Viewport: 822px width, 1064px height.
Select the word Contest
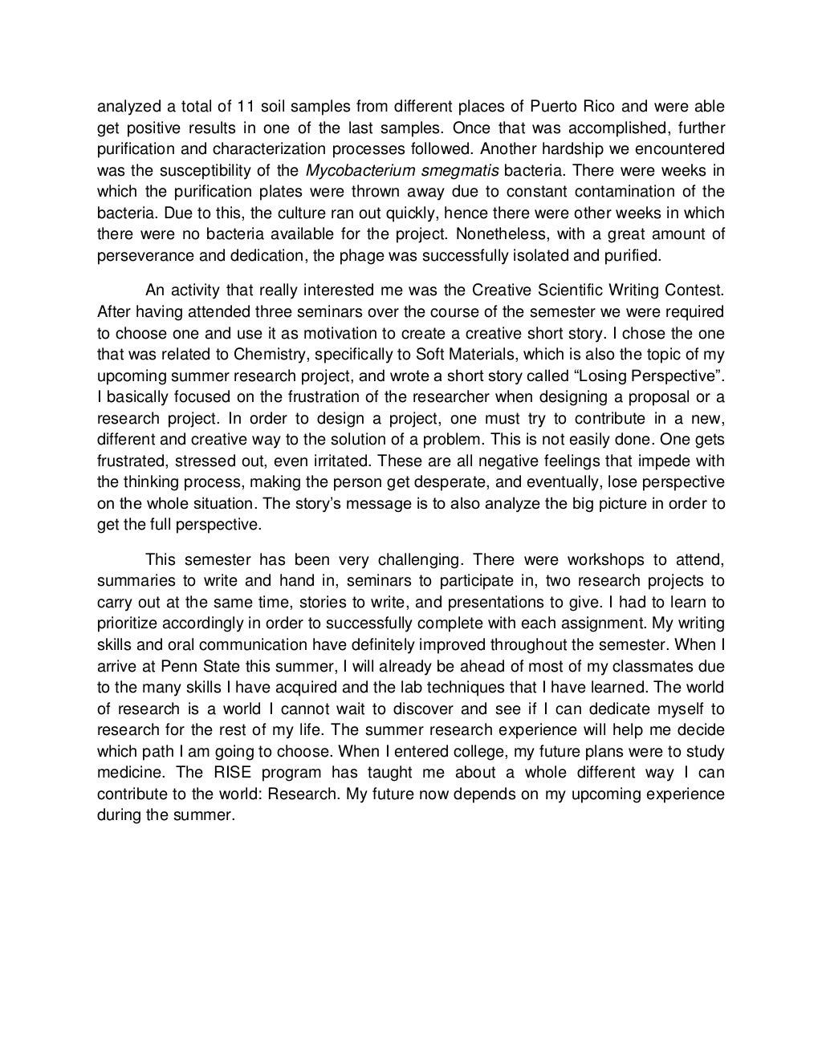click(697, 289)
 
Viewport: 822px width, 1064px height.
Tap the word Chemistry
click(256, 354)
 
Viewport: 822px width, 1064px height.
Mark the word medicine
click(128, 774)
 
